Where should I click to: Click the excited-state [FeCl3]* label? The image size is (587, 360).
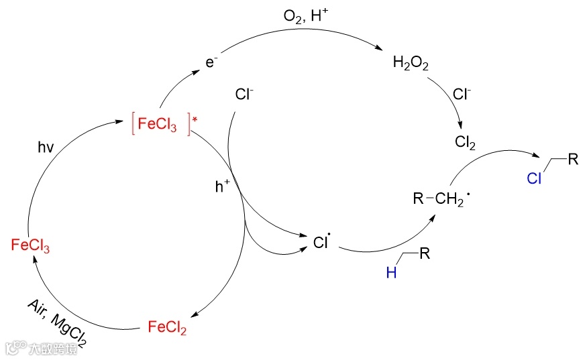tap(160, 125)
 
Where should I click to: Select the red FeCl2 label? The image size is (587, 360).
tap(167, 328)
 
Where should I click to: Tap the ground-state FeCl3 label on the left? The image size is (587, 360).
tap(31, 245)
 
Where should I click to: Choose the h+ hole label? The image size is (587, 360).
tap(222, 188)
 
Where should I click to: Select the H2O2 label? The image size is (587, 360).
tap(411, 64)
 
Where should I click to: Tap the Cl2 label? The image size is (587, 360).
tap(465, 143)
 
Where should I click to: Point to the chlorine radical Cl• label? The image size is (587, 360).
tap(322, 241)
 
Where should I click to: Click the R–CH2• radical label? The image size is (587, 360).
tap(439, 198)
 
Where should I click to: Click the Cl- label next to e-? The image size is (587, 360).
tap(244, 95)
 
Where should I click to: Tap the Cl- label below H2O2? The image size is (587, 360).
tap(462, 94)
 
